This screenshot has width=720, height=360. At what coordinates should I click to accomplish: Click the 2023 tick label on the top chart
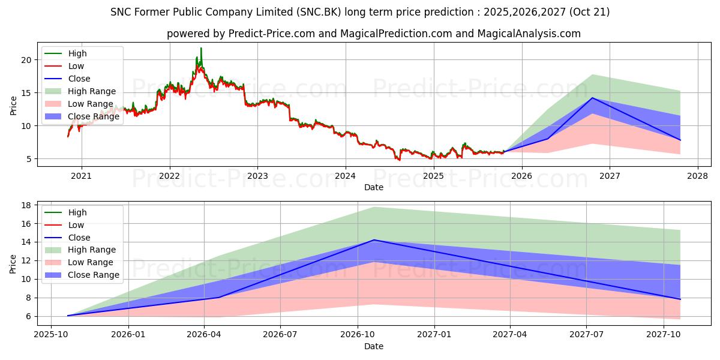tap(257, 176)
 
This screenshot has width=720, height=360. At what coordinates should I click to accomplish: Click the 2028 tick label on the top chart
tap(698, 176)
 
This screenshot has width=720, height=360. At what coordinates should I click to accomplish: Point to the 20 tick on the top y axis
tap(25, 59)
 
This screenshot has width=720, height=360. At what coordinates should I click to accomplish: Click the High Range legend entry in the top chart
tap(92, 91)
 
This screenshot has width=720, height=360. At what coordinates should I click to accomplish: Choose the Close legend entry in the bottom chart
tap(79, 238)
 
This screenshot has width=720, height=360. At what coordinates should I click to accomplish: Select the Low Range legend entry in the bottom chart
tap(90, 263)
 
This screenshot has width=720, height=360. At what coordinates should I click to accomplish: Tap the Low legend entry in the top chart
tap(76, 66)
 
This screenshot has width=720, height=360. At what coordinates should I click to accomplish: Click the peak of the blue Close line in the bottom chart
tap(374, 240)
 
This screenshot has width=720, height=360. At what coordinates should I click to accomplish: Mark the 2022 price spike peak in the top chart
tap(201, 48)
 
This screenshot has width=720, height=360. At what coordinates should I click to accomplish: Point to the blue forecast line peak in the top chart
tap(593, 98)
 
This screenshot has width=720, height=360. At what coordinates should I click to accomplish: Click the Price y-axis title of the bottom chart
tap(13, 263)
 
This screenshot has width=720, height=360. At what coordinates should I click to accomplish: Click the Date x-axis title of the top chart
tap(373, 187)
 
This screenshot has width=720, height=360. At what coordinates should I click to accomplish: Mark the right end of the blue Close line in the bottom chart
tap(680, 299)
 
